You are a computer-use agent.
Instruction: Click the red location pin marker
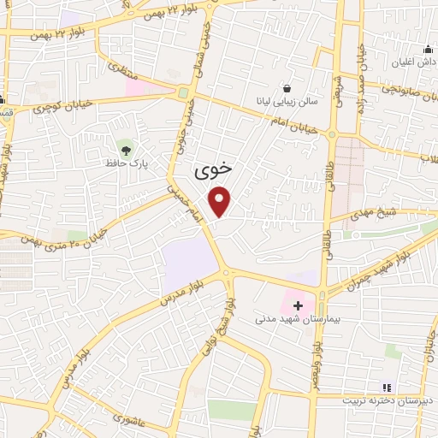[x=221, y=202]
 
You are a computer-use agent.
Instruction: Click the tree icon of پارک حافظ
[x=127, y=147]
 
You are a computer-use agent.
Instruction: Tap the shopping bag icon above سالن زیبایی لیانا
[x=287, y=87]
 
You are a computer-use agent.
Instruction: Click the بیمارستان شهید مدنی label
[x=299, y=319]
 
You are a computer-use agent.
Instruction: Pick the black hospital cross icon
[x=298, y=305]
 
